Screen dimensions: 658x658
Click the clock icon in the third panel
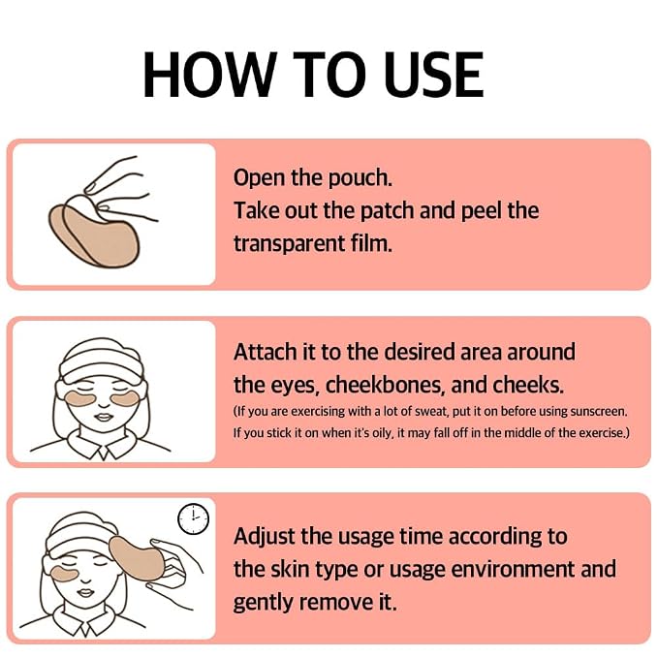click(x=193, y=518)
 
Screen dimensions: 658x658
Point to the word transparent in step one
click(x=289, y=244)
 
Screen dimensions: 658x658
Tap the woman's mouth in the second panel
click(x=104, y=417)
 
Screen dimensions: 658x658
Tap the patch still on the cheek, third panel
click(x=64, y=573)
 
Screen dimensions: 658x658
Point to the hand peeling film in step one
click(x=122, y=190)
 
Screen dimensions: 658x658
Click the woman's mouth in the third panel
click(x=85, y=592)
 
